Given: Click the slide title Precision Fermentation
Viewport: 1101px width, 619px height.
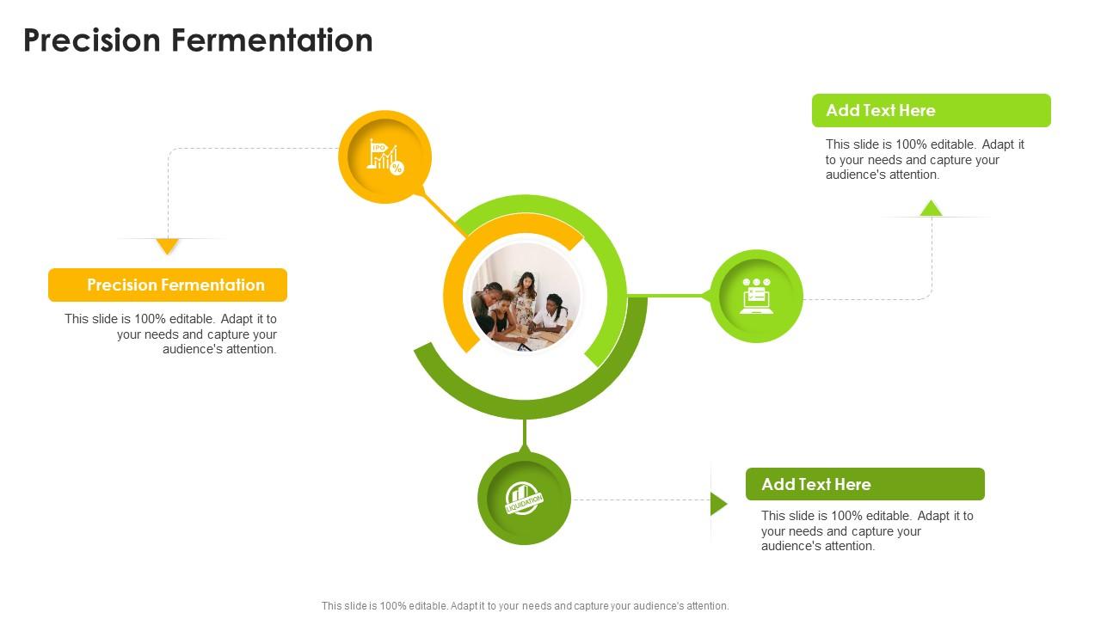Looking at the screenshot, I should (x=198, y=40).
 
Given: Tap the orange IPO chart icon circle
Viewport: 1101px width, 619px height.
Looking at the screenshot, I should (x=384, y=156).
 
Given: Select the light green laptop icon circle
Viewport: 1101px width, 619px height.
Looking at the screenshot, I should (x=756, y=296).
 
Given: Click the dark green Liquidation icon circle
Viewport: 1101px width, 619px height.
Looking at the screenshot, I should (x=524, y=499).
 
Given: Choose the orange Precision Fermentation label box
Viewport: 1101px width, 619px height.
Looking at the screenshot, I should (x=168, y=285).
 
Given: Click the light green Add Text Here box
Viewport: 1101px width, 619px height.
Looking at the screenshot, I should (x=931, y=111).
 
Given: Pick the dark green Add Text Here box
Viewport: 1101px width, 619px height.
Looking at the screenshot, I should (x=864, y=484).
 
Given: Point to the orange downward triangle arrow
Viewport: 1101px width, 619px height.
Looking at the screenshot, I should (x=168, y=246).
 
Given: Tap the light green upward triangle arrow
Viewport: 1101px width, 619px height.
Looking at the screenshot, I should (x=931, y=208).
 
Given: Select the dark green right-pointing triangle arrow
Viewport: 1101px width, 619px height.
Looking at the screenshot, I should (x=718, y=504).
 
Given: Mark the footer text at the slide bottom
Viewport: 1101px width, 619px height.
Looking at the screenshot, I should (x=525, y=605).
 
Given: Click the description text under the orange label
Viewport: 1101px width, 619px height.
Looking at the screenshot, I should (x=172, y=334).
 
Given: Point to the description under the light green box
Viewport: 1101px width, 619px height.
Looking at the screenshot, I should (x=925, y=159).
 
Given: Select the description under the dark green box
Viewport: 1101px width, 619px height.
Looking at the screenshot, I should (x=866, y=530).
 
